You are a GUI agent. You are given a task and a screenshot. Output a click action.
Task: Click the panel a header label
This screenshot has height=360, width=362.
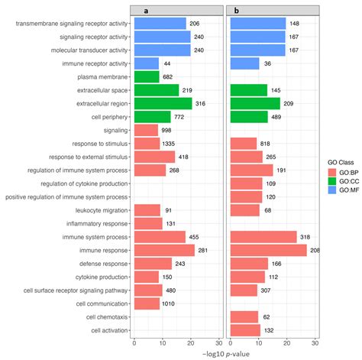pos(177,9)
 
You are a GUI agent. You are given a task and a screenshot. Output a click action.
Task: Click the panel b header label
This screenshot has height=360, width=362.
pos(273,9)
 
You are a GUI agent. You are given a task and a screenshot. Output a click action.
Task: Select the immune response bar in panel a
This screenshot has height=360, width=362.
pos(163,250)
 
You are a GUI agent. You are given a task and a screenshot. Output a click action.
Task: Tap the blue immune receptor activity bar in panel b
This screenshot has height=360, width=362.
pos(244,63)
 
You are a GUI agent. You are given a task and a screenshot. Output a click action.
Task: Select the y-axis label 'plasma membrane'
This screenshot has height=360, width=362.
pos(102,77)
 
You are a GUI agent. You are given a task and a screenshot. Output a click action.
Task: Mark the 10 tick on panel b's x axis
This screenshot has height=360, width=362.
pos(258,342)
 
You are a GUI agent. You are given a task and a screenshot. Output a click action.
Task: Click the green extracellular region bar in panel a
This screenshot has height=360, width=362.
pos(163,103)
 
